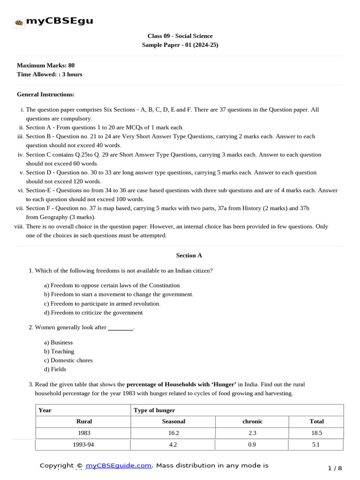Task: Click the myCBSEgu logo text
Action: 59,21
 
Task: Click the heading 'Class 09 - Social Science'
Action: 180,36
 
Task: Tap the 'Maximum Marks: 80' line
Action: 45,65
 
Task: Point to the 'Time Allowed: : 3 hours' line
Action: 49,74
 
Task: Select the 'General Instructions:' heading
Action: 45,94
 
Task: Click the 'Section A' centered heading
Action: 189,255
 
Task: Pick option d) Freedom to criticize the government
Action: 93,312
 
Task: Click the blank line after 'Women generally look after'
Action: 120,328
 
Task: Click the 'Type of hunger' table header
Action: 154,410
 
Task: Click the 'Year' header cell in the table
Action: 45,410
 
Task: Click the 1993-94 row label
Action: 84,445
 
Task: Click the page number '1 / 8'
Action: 335,468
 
